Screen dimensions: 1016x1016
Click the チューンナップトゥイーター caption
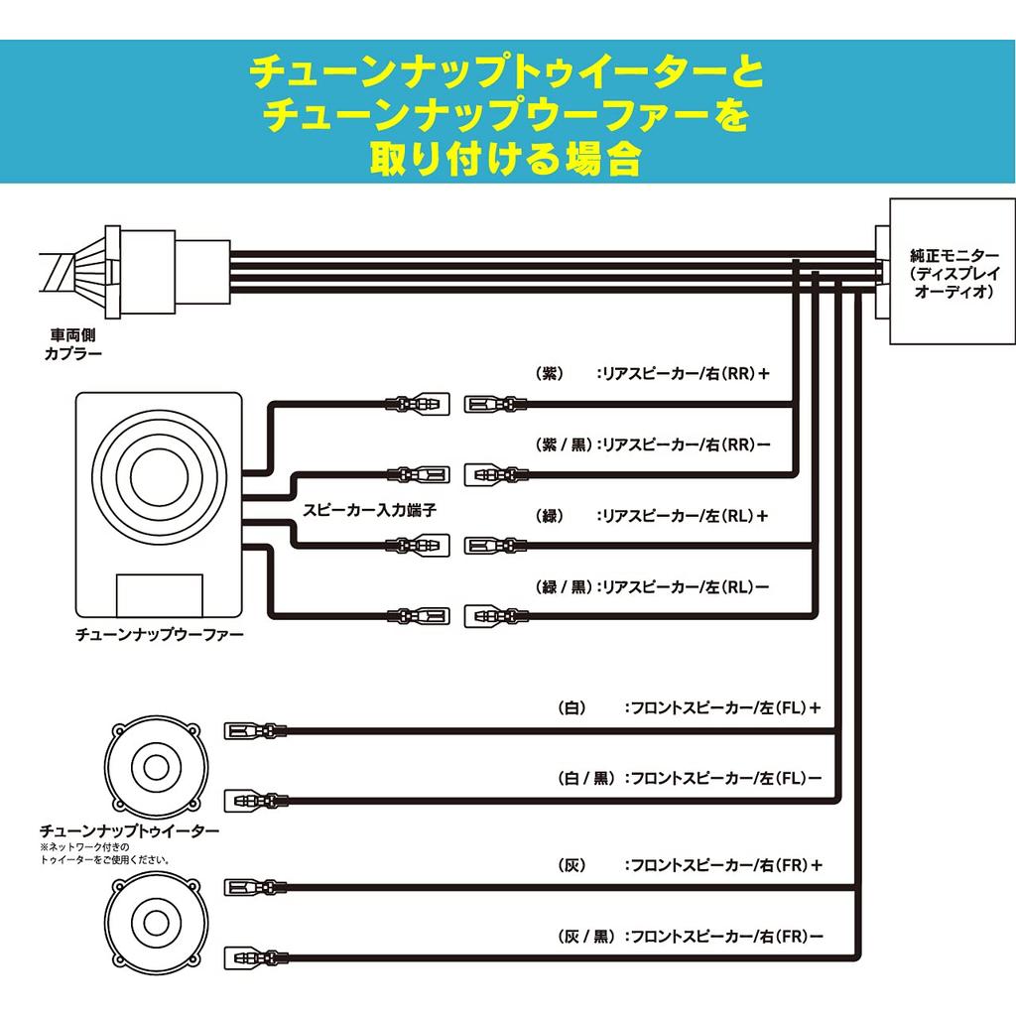pos(129,829)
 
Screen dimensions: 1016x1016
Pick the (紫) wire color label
pos(550,374)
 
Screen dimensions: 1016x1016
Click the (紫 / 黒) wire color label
pos(563,445)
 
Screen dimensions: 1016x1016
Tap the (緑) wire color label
pos(550,516)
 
